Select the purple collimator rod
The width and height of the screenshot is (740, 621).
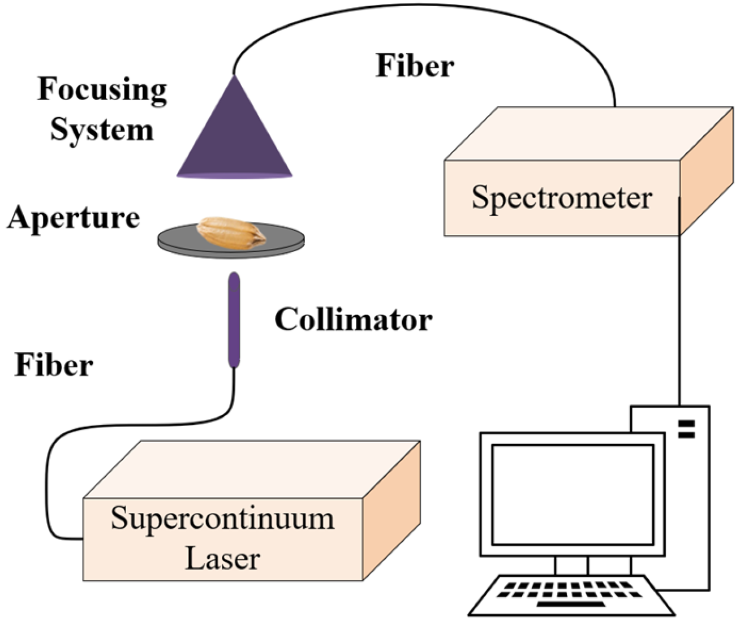tap(234, 320)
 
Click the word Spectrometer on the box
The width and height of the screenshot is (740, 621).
tap(561, 197)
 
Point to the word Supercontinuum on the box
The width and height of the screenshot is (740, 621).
tap(222, 519)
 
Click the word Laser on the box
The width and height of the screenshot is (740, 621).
tap(222, 558)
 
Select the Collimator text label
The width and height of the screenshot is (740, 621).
tap(353, 320)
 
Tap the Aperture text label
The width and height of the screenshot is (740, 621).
tap(74, 218)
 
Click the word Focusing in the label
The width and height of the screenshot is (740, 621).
tap(102, 90)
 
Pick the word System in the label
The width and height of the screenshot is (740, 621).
tap(102, 130)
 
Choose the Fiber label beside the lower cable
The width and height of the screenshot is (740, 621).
tap(54, 365)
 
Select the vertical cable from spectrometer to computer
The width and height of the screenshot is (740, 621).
tap(679, 317)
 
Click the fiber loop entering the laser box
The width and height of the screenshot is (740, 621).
tap(48, 486)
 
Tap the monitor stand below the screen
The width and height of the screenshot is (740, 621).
tap(571, 566)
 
